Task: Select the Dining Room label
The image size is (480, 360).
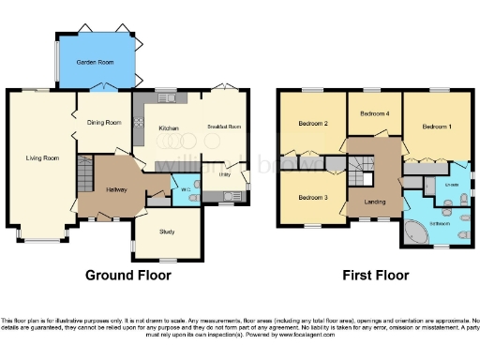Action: (106, 123)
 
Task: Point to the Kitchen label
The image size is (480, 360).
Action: (169, 128)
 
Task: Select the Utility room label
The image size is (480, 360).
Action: (225, 174)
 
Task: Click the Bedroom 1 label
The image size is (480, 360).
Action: (436, 126)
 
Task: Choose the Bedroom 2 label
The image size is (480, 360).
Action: (312, 124)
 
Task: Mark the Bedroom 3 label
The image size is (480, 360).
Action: (312, 198)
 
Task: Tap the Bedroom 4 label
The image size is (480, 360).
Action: (374, 114)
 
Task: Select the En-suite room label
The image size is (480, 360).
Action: (451, 185)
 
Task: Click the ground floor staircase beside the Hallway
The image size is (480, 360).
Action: (84, 174)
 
